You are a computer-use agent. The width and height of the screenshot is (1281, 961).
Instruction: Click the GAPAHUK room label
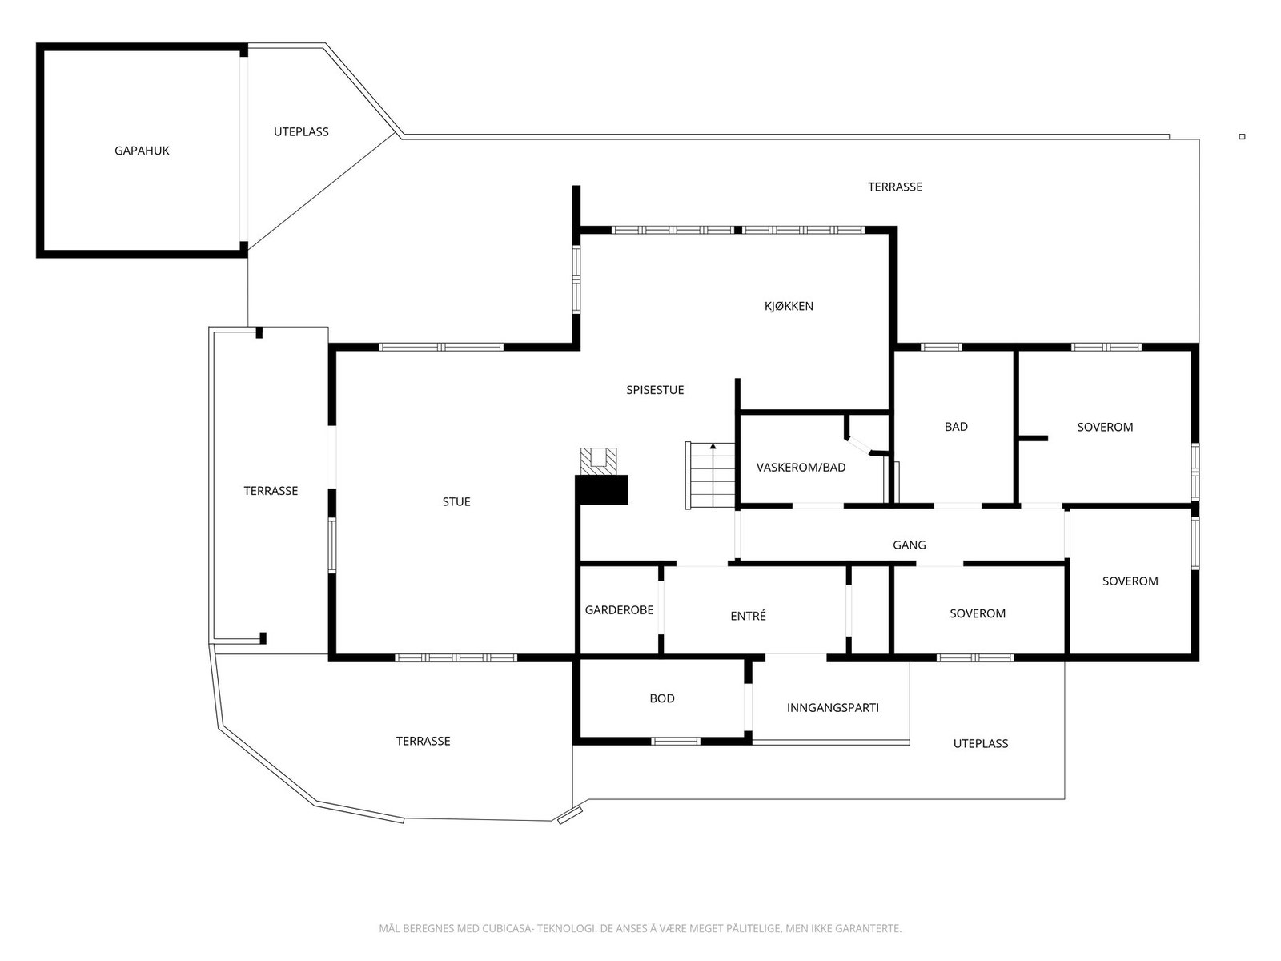click(x=142, y=151)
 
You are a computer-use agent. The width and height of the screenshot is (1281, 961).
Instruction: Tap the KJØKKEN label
click(x=789, y=306)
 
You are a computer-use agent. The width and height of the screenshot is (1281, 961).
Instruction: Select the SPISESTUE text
click(x=655, y=390)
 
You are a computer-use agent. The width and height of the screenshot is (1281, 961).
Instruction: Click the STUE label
click(x=456, y=502)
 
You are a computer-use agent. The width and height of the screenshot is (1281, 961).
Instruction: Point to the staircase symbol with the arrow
click(x=711, y=476)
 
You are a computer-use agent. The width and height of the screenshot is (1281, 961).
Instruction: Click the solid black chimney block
click(x=601, y=490)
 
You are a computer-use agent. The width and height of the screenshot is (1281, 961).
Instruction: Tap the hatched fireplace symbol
click(x=599, y=460)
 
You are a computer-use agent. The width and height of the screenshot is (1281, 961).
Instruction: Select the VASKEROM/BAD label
click(x=801, y=468)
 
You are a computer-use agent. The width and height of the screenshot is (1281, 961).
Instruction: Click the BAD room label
click(x=956, y=427)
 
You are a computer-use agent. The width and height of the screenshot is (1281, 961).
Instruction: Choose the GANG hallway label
click(x=910, y=545)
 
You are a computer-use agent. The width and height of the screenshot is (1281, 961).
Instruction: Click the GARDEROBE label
click(x=619, y=610)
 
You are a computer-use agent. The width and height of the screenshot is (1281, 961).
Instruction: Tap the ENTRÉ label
click(x=748, y=616)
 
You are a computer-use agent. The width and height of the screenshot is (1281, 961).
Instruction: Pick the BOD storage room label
click(x=662, y=698)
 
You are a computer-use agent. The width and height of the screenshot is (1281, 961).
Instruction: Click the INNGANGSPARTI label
click(x=833, y=708)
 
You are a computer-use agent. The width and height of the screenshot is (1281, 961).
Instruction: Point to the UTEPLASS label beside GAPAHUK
click(x=301, y=132)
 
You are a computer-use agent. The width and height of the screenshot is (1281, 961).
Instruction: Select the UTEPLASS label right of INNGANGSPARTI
click(x=981, y=744)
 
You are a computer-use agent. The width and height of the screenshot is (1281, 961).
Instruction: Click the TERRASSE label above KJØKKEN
click(x=895, y=187)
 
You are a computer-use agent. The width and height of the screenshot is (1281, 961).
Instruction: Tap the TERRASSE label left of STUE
click(x=271, y=491)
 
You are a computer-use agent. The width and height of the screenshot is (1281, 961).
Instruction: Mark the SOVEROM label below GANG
click(x=978, y=613)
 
